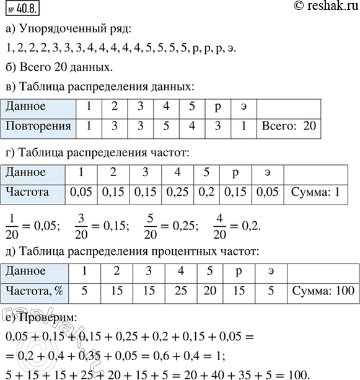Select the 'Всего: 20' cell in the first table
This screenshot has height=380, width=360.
click(289, 126)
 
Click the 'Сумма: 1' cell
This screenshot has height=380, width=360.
click(315, 192)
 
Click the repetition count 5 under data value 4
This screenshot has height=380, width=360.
click(166, 126)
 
